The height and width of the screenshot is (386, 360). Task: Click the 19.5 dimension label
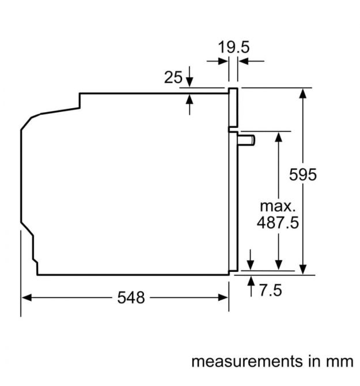[233, 47]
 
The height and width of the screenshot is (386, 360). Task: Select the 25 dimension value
[173, 77]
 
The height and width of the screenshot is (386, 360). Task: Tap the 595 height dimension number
[302, 175]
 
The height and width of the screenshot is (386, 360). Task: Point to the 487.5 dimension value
[278, 222]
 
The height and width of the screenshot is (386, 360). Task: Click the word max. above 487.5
[277, 206]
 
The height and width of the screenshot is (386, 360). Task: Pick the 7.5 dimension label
[270, 290]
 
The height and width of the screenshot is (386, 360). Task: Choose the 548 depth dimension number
[131, 297]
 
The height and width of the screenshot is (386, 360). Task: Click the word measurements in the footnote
[247, 361]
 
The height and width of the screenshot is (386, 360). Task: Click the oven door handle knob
[247, 141]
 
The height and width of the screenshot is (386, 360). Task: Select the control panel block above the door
[233, 107]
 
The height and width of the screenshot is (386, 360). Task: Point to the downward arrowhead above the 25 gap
[190, 82]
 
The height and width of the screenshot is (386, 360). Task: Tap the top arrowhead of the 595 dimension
[303, 93]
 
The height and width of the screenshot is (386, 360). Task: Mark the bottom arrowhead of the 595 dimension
[303, 269]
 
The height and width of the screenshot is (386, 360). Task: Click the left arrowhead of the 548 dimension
[26, 297]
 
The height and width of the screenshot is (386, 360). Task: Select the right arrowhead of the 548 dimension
[223, 297]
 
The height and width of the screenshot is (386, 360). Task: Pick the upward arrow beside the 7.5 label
[251, 286]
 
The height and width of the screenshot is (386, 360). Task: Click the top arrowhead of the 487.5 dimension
[279, 137]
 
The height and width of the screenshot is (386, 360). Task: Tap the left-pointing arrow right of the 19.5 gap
[251, 61]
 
